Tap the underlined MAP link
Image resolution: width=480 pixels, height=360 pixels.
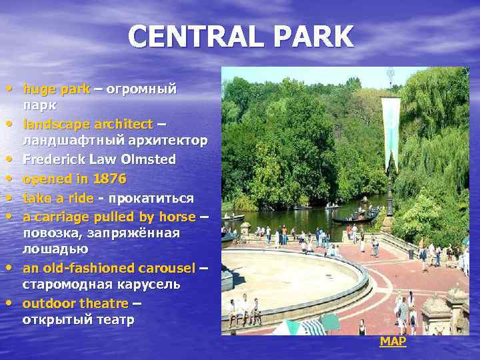point(393,341)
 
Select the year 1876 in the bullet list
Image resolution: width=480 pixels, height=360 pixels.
point(108,179)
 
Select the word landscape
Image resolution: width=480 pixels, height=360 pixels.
point(54,124)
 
